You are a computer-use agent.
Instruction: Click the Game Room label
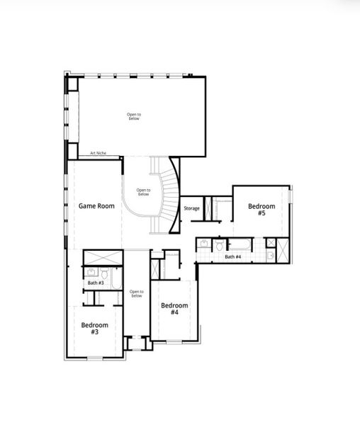[x=96, y=206]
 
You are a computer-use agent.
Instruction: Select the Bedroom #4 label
[x=174, y=309]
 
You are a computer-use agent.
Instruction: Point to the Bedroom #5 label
[x=261, y=210]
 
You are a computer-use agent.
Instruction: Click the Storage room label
[x=191, y=208]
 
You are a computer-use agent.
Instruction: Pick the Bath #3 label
[x=96, y=283]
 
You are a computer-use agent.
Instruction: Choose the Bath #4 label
[x=233, y=256]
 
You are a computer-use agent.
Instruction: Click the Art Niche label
[x=98, y=153]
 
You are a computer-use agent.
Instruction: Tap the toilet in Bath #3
[x=103, y=273]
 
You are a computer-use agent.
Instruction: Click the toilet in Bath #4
[x=220, y=245]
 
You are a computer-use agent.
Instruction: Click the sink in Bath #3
[x=90, y=272]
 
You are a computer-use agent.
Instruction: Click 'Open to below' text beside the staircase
[x=143, y=191]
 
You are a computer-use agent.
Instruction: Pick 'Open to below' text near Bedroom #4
[x=136, y=293]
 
